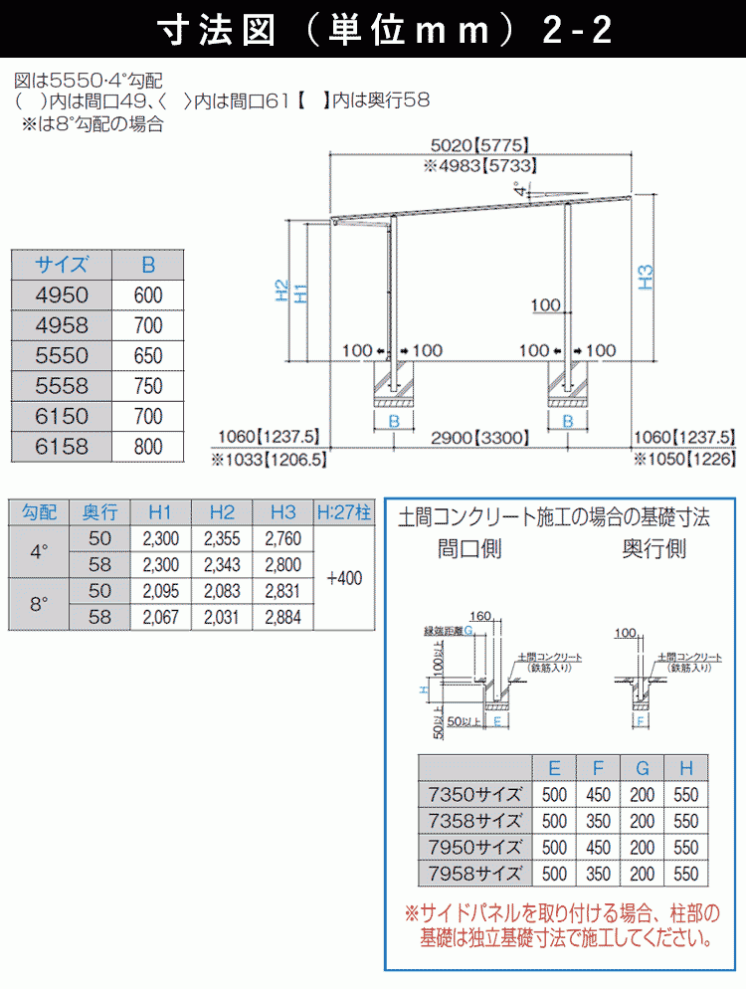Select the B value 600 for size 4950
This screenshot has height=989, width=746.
147,296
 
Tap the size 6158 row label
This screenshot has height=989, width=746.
62,447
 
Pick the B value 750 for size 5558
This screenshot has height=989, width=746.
147,386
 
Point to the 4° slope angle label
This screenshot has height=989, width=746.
521,190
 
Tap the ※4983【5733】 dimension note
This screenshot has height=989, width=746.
481,167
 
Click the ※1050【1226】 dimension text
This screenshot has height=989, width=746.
684,459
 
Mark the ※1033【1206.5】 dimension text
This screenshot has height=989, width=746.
269,460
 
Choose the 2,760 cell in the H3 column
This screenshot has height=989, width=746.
283,538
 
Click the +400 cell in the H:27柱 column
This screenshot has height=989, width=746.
344,577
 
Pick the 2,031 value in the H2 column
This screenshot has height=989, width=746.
222,618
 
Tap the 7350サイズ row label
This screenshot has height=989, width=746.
473,795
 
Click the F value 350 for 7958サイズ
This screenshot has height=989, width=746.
599,874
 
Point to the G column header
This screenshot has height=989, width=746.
643,768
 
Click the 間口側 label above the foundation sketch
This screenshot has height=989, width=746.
469,548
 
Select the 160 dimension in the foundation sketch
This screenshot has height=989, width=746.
479,616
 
